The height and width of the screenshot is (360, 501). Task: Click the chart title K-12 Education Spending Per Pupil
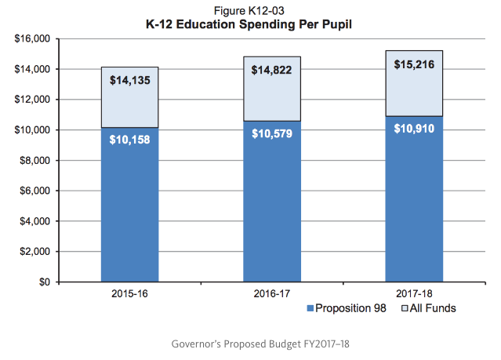250,24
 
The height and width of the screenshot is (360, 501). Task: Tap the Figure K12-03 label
250,9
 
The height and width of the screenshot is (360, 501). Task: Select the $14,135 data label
130,79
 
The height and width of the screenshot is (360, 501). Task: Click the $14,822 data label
272,70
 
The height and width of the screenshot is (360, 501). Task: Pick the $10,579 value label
272,133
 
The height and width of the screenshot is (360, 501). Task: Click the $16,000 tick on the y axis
32,38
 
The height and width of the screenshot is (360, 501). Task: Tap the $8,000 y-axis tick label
34,160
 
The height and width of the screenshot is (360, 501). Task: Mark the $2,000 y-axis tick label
34,252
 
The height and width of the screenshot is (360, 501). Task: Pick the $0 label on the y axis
44,282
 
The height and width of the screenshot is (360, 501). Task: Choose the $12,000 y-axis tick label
32,100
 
